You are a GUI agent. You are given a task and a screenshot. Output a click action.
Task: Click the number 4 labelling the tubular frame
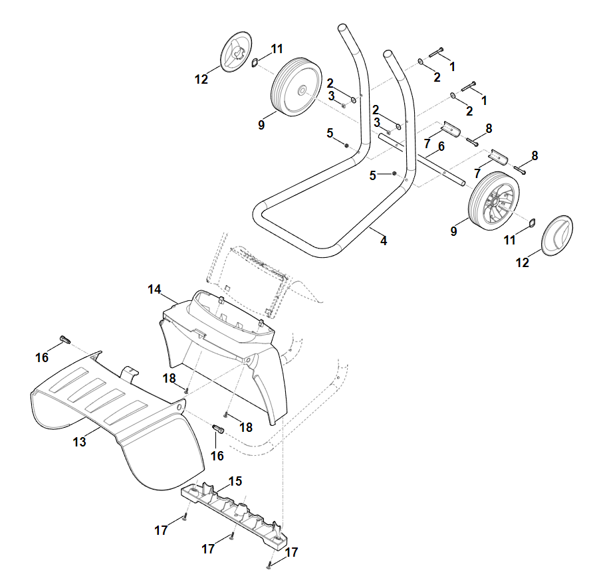[x=384, y=241]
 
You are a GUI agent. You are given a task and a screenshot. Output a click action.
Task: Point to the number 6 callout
[x=441, y=146]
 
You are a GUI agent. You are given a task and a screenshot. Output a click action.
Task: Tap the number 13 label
[x=79, y=442]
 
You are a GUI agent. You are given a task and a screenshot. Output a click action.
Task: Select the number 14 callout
[x=154, y=289]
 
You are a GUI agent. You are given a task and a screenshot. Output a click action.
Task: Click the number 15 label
[x=235, y=481]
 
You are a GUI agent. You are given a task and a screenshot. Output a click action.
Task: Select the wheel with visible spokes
[x=494, y=201]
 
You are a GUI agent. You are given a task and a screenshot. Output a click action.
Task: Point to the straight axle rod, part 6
[x=421, y=160]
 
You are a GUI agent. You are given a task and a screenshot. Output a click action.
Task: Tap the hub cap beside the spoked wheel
[x=556, y=236]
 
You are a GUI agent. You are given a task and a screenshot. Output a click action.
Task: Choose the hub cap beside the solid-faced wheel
[x=236, y=52]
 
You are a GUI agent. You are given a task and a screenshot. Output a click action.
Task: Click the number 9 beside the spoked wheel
[x=453, y=231]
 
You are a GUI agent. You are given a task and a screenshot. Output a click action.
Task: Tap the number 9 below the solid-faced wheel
[x=261, y=125]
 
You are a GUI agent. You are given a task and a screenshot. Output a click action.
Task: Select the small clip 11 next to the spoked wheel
[x=532, y=222]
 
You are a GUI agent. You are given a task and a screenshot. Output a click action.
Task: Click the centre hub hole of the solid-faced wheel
[x=302, y=90]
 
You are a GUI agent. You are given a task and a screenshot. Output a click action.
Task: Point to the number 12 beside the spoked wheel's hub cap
[x=523, y=262]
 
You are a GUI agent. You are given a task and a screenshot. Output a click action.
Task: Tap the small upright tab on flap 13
[x=129, y=373]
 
